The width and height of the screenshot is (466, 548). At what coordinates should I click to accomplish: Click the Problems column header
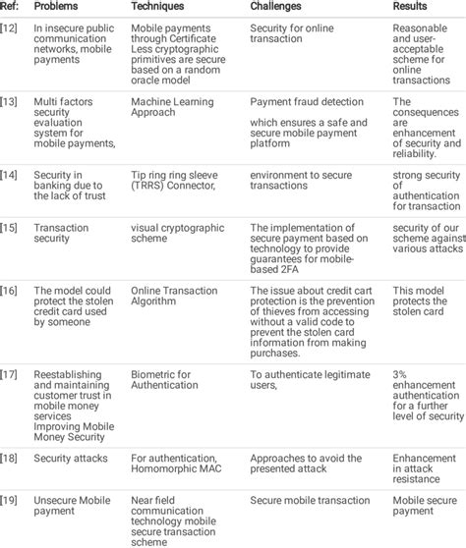(57, 6)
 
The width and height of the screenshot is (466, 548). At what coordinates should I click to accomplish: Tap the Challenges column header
(281, 6)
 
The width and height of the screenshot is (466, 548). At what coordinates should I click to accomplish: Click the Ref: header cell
(10, 6)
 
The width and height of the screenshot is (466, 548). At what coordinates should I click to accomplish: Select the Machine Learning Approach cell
(173, 107)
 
